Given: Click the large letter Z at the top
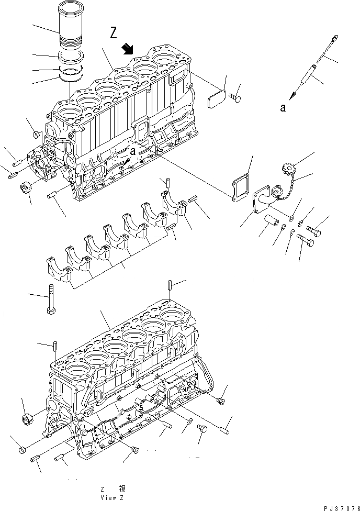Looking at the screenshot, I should (114, 34).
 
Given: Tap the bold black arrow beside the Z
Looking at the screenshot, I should (127, 49).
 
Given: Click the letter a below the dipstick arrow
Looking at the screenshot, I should (283, 108).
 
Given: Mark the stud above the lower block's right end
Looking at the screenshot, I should (170, 286).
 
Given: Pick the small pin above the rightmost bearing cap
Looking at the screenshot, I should (168, 183).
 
